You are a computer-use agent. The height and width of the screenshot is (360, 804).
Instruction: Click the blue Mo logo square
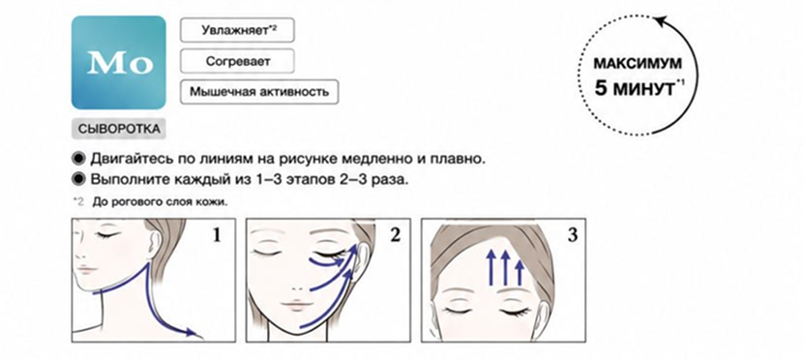click(x=118, y=63)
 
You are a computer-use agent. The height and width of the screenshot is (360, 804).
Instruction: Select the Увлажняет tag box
click(x=237, y=30)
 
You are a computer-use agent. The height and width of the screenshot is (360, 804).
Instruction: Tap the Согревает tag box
click(x=237, y=62)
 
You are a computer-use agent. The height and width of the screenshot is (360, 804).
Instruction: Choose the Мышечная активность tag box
click(x=259, y=92)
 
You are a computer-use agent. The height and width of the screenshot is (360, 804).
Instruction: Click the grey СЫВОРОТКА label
click(x=119, y=129)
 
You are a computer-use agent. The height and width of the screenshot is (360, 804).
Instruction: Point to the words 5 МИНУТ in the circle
click(x=635, y=88)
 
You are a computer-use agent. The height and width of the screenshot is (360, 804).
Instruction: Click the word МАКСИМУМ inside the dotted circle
click(x=638, y=64)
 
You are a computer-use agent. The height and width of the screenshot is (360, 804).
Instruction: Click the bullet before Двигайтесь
click(x=79, y=159)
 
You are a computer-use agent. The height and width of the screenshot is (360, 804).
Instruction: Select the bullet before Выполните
click(x=79, y=179)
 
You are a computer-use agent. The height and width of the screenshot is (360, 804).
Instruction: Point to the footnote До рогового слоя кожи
click(x=160, y=201)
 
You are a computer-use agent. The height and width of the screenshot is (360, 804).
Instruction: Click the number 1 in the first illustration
click(x=217, y=235)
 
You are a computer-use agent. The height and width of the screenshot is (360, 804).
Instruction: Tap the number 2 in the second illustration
click(x=395, y=235)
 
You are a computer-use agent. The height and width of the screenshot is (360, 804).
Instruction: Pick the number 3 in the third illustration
click(x=572, y=235)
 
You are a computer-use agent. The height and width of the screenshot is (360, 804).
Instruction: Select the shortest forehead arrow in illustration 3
click(x=520, y=273)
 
